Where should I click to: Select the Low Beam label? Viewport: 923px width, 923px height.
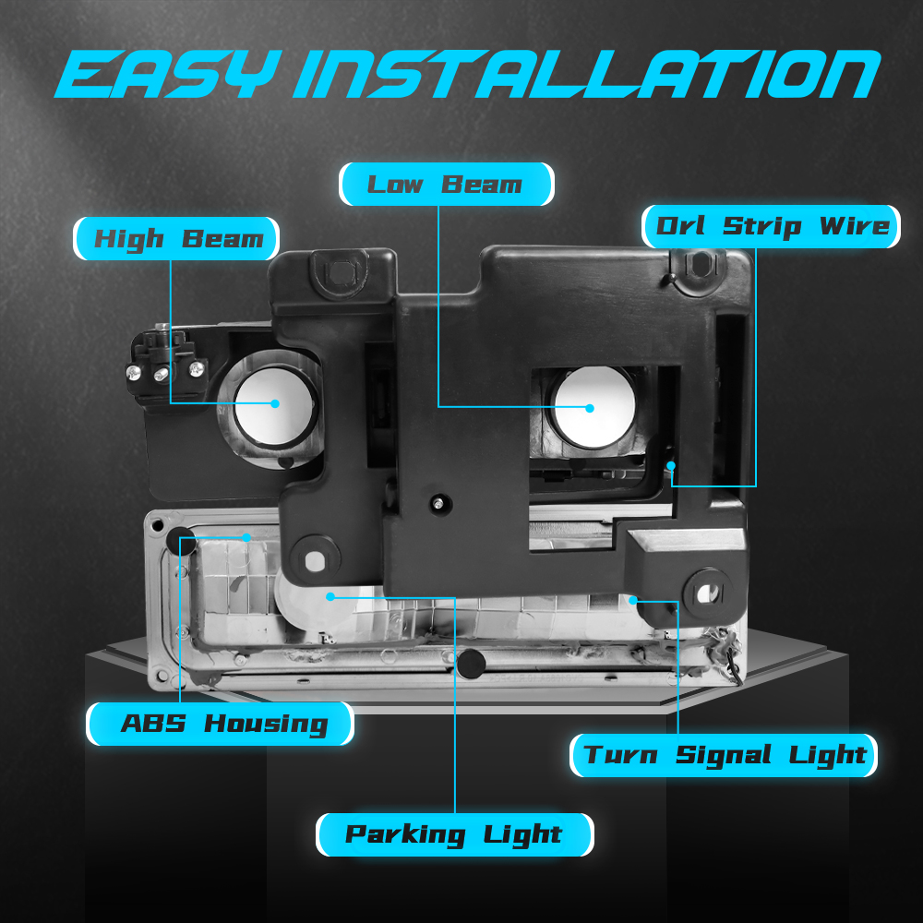coord(446,185)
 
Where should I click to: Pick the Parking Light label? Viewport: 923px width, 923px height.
coord(454,834)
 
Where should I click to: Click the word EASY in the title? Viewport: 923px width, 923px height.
coord(166,74)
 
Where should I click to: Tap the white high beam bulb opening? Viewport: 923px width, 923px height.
coord(275,406)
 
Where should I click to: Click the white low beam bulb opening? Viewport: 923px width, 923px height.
coord(594,406)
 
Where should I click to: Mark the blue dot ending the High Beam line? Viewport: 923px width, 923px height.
coord(275,403)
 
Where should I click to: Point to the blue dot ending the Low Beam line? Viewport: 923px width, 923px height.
coord(590,408)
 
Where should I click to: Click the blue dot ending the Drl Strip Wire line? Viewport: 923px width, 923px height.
coord(670,465)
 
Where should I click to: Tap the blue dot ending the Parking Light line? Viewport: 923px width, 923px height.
coord(330,597)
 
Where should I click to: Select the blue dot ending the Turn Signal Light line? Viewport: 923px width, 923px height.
coord(633,600)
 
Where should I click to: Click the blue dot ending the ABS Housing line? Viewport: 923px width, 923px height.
coord(246,537)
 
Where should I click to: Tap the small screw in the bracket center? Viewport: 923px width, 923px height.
coord(438,504)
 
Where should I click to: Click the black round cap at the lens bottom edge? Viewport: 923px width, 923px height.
coord(471,664)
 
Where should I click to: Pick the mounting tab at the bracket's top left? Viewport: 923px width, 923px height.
coord(339,272)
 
